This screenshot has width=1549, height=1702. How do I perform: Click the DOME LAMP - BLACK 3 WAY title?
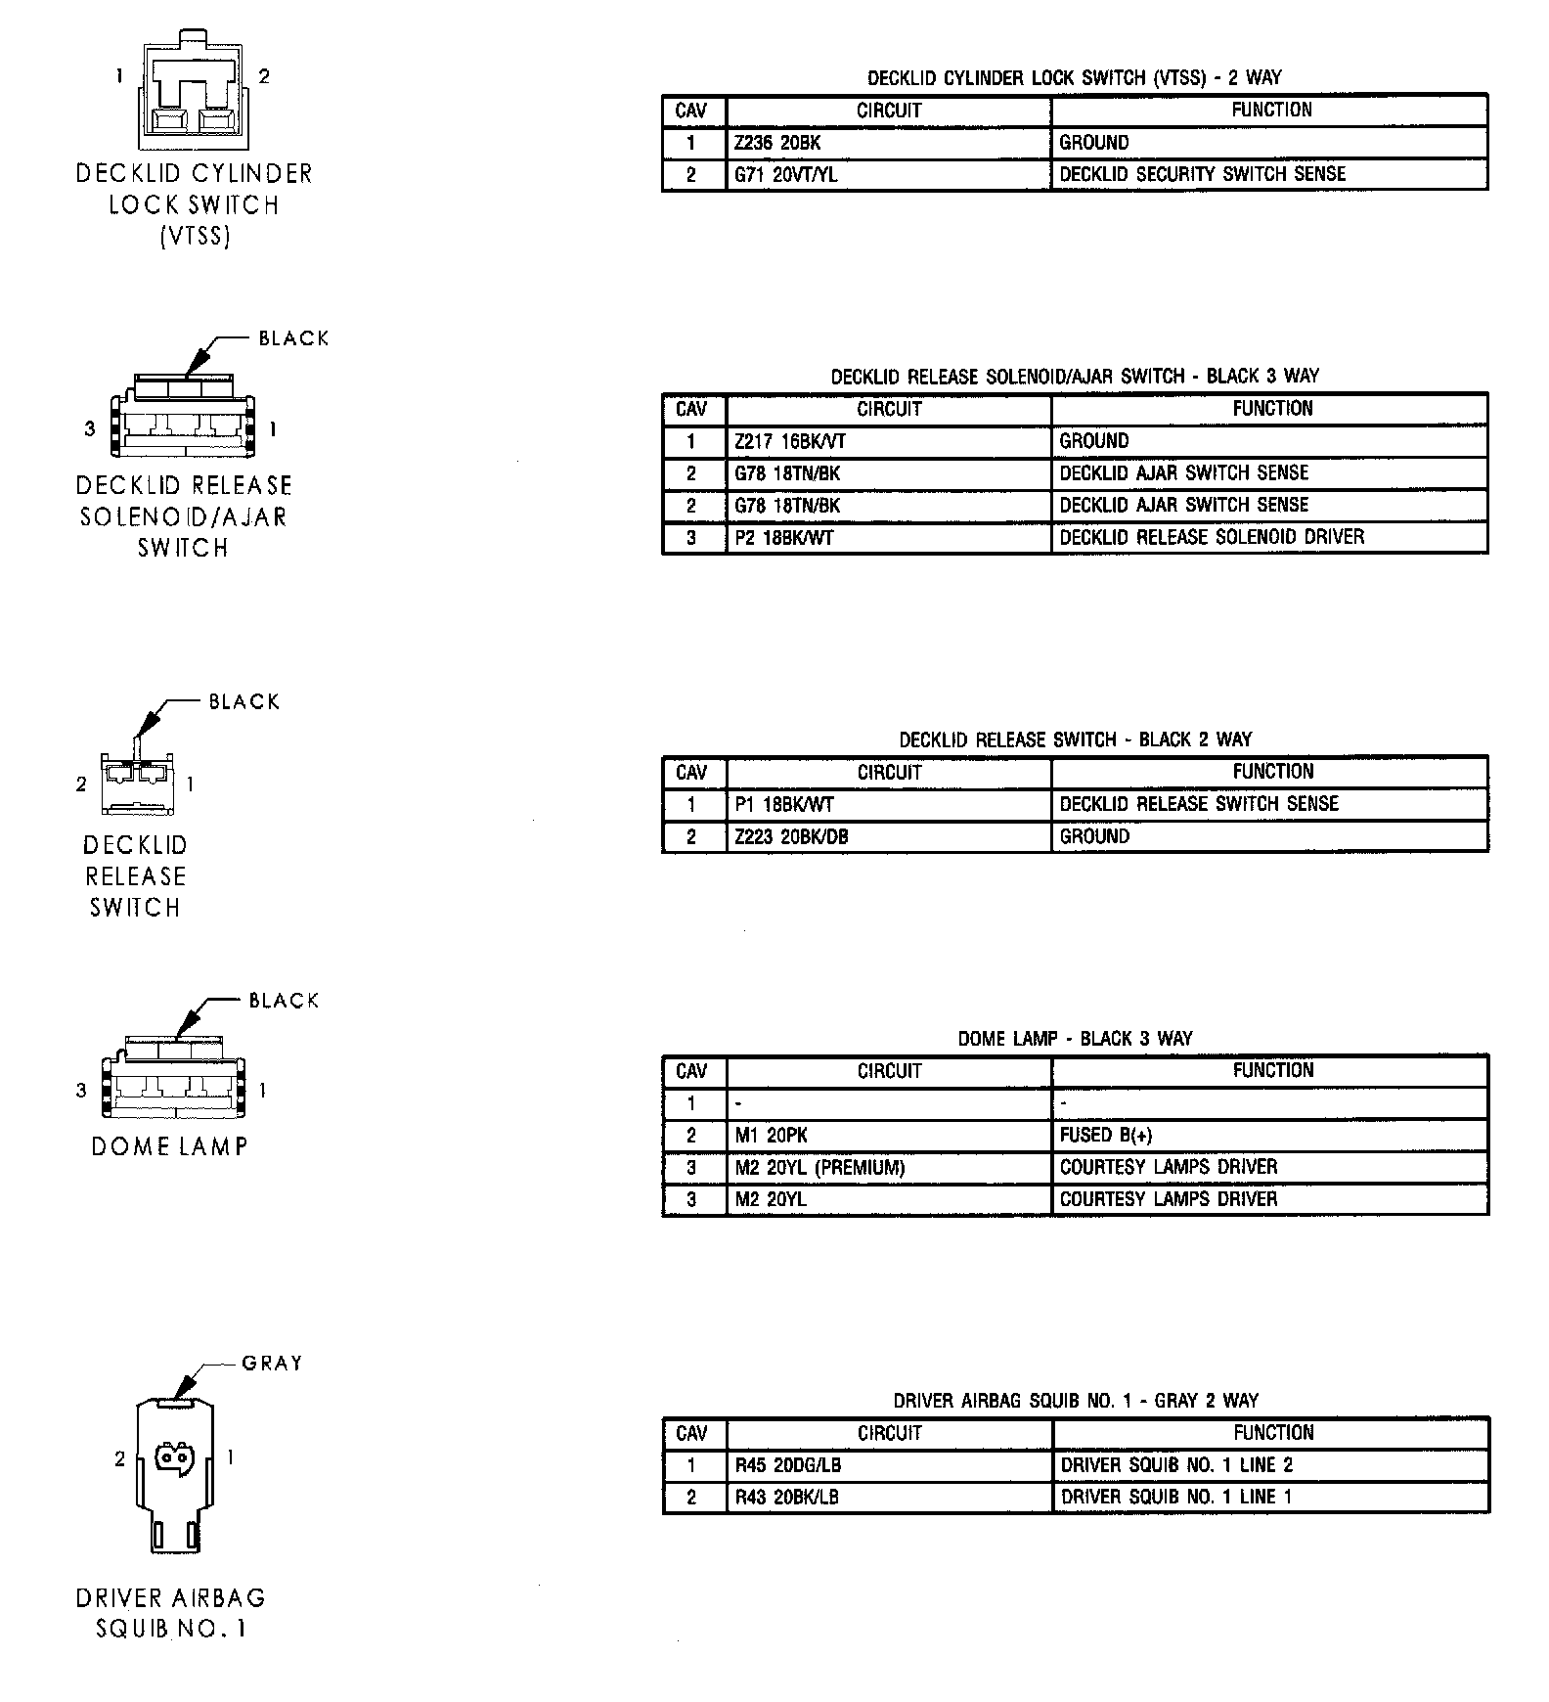pos(1075,1039)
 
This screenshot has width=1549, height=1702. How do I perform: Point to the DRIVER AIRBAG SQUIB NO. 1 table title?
pos(1075,1401)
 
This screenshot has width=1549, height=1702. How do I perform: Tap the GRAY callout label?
pos(272,1363)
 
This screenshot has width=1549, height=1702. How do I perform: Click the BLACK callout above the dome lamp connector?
pos(284,1001)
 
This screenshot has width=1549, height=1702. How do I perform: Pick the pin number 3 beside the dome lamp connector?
pos(81,1091)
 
